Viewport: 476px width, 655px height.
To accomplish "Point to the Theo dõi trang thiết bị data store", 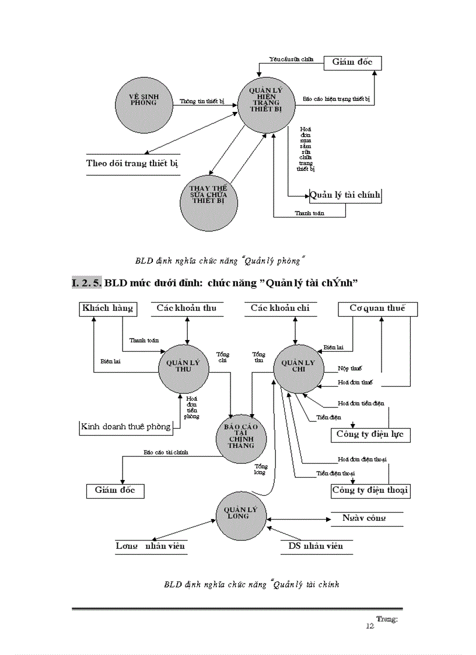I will tap(132, 163).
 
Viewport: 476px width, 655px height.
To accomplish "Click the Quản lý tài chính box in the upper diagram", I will tap(345, 195).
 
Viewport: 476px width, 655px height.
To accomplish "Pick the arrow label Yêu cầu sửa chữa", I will tap(291, 59).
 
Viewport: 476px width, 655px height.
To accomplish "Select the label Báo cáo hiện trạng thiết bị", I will tap(337, 99).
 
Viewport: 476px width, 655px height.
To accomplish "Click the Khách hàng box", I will tap(107, 308).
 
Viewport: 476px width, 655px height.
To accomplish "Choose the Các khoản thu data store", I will tap(187, 308).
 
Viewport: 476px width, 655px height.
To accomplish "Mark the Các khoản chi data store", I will tap(280, 308).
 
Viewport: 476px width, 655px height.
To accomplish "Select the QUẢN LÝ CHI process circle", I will tap(298, 366).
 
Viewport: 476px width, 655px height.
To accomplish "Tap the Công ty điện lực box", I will tap(370, 435).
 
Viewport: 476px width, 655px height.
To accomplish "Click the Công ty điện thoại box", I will tap(370, 490).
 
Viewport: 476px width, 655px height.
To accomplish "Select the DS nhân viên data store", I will tap(316, 546).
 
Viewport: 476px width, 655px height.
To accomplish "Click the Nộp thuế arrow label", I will tap(349, 369).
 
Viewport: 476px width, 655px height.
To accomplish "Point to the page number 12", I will tap(369, 626).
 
